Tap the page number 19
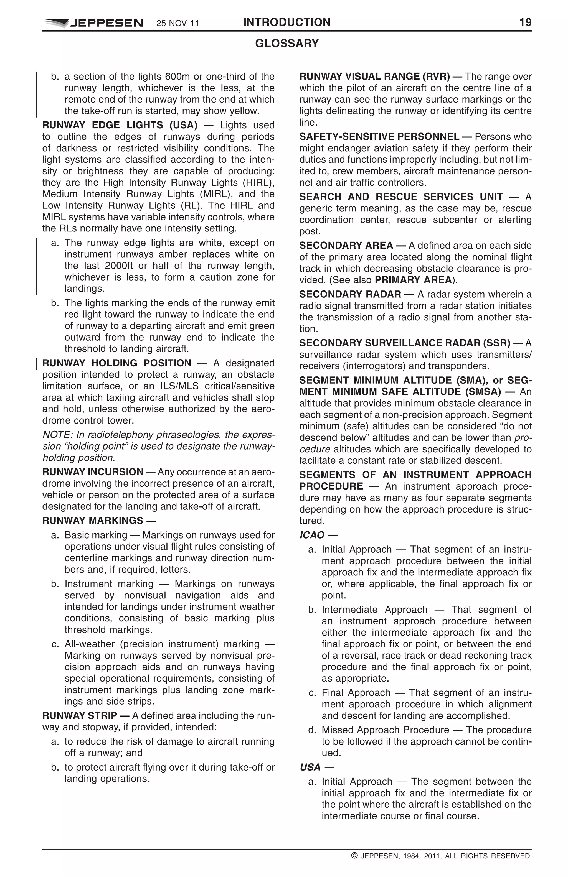525,22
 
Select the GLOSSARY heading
286,44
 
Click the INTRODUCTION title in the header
286,22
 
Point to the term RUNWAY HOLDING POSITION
116,363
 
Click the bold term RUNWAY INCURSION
93,472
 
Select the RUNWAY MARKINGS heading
93,521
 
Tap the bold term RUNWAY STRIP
80,716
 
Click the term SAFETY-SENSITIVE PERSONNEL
379,137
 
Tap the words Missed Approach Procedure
385,730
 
